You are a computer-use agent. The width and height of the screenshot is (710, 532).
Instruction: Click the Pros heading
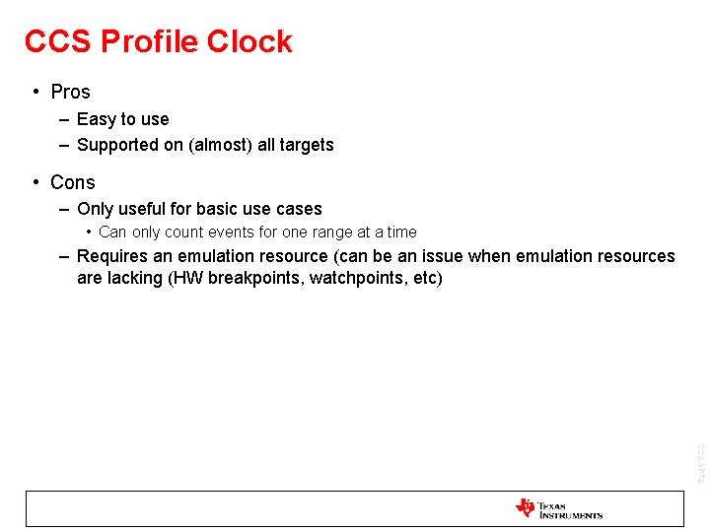pyautogui.click(x=70, y=92)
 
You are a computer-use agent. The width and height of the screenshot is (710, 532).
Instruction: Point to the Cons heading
pyautogui.click(x=72, y=182)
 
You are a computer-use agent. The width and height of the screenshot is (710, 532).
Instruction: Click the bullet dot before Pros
pyautogui.click(x=35, y=92)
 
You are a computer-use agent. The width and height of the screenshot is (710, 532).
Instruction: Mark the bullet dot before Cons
pyautogui.click(x=35, y=182)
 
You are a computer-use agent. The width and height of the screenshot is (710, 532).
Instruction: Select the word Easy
pyautogui.click(x=97, y=119)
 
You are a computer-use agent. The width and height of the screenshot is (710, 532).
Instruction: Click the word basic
pyautogui.click(x=220, y=209)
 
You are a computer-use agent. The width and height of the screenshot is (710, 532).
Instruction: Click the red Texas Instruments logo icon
pyautogui.click(x=525, y=508)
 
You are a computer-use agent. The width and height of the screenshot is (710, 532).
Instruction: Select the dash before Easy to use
pyautogui.click(x=63, y=119)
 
